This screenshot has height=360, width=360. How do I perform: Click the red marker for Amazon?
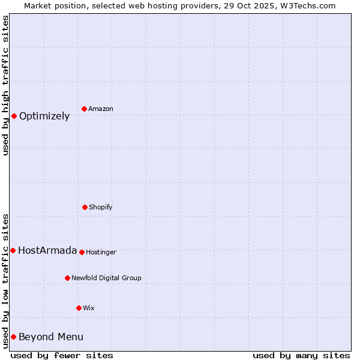[x=84, y=109]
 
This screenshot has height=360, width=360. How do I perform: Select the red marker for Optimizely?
[x=14, y=116]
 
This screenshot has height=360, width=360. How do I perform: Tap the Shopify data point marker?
[x=85, y=207]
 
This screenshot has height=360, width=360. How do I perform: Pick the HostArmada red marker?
[x=13, y=250]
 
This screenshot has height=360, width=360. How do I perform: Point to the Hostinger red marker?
[x=82, y=252]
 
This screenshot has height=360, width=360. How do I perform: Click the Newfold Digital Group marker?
[x=67, y=278]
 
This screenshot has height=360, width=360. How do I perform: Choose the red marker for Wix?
[x=79, y=308]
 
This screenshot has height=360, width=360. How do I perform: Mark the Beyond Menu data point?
[x=13, y=337]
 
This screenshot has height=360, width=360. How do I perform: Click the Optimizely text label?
[x=44, y=116]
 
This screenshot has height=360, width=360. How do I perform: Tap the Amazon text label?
[x=101, y=109]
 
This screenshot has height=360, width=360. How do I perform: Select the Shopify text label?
[x=101, y=207]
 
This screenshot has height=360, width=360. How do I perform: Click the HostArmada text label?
[x=47, y=251]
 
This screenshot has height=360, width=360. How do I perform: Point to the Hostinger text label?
[x=101, y=252]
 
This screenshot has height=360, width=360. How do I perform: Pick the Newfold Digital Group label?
[x=106, y=278]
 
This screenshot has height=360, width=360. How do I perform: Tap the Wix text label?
[x=89, y=308]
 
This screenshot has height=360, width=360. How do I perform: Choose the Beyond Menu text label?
[x=51, y=337]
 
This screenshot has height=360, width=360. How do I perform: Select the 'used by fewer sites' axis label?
[x=62, y=355]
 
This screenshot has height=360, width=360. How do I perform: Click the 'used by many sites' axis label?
[x=301, y=355]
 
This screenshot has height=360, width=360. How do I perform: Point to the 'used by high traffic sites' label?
[x=5, y=85]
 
